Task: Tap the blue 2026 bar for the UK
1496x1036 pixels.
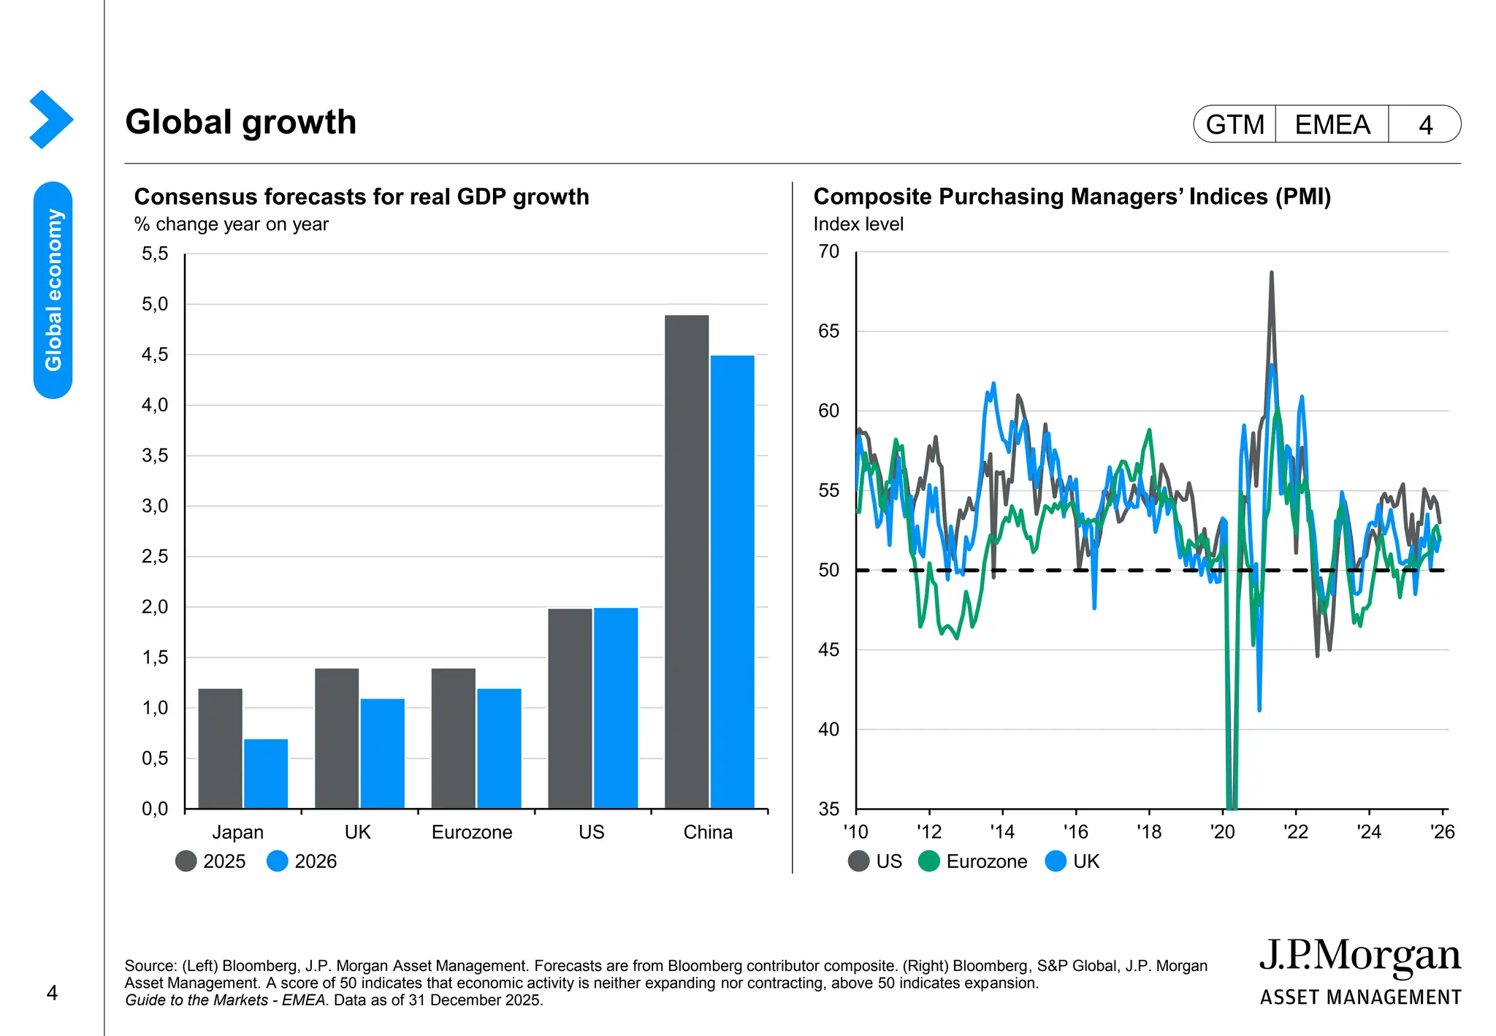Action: click(x=382, y=753)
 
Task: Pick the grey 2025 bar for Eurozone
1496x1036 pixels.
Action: click(x=453, y=738)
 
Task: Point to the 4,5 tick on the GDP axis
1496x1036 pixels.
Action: click(x=155, y=355)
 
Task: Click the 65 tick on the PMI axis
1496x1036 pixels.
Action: click(x=829, y=332)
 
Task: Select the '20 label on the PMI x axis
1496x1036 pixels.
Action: click(x=1222, y=832)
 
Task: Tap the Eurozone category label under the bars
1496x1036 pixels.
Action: click(x=472, y=832)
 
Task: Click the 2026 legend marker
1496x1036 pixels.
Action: click(x=278, y=861)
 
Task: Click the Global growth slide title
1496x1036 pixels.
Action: click(x=240, y=122)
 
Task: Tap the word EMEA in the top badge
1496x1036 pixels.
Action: click(x=1332, y=125)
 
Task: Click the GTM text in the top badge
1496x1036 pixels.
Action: click(x=1235, y=125)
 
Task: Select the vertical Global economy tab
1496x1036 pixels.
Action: click(x=53, y=289)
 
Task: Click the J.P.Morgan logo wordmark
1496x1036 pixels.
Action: click(x=1359, y=956)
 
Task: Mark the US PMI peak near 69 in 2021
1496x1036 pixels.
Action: click(x=1272, y=274)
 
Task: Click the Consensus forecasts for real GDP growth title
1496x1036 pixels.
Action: click(x=362, y=197)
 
